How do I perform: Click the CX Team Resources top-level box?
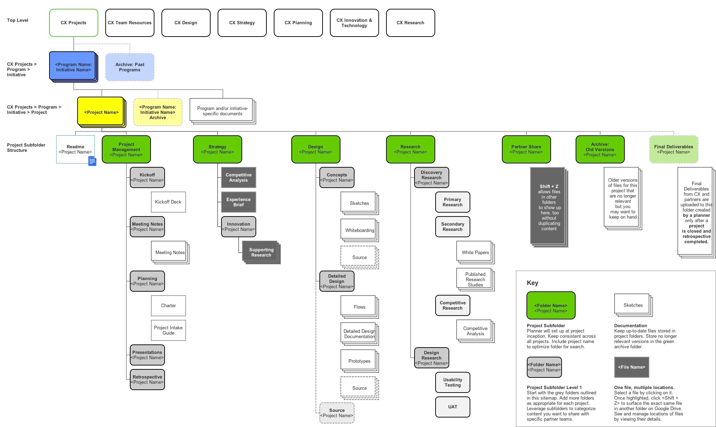(x=130, y=23)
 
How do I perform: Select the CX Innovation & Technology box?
(x=354, y=23)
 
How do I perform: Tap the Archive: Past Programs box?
(x=130, y=67)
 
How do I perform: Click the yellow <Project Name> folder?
(x=101, y=112)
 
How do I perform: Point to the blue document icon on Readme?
(x=92, y=161)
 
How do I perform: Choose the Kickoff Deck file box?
(x=168, y=202)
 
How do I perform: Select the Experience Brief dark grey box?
(x=238, y=202)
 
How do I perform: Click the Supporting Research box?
(x=261, y=252)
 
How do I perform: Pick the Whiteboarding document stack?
(x=359, y=230)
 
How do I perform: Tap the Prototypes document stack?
(x=359, y=361)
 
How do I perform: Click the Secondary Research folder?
(x=452, y=227)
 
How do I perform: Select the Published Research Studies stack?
(x=475, y=279)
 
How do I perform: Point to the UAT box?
(x=452, y=407)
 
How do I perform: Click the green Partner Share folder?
(x=526, y=149)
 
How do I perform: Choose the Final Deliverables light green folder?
(x=673, y=149)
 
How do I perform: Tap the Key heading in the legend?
(x=532, y=283)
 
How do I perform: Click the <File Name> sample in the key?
(x=631, y=367)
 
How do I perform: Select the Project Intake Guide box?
(x=168, y=330)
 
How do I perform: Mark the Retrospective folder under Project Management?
(x=147, y=380)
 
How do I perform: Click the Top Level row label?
(x=18, y=20)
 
